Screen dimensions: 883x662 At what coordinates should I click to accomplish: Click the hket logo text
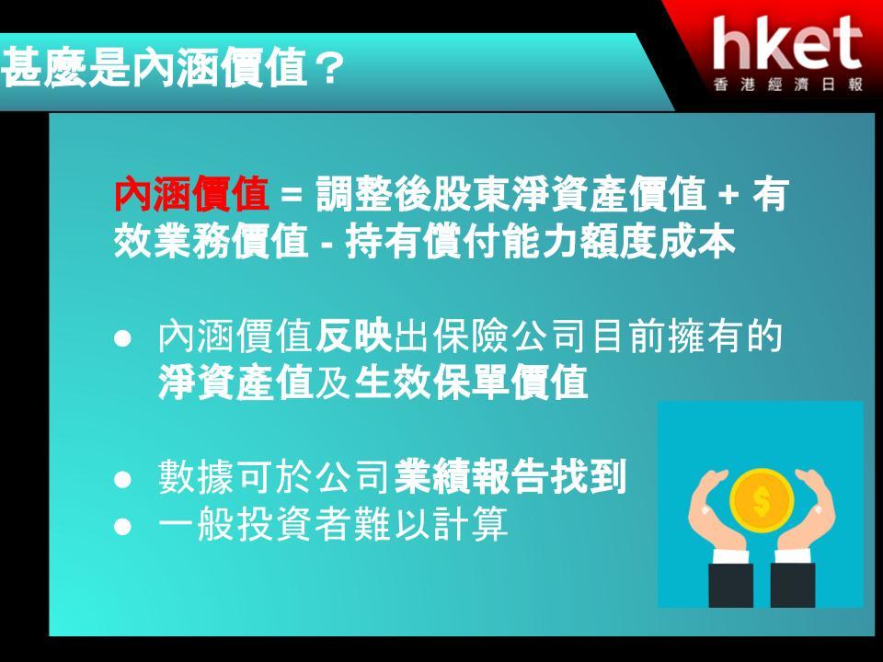point(787,43)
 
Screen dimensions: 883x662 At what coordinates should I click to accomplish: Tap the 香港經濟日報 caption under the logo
point(788,85)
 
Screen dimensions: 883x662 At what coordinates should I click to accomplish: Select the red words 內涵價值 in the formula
point(191,194)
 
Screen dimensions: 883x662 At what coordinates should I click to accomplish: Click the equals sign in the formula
point(292,195)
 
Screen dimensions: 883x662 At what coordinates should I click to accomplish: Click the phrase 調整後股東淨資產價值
point(511,194)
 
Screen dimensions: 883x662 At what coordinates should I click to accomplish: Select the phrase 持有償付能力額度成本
point(541,242)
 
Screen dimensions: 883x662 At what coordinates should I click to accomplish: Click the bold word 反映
point(353,337)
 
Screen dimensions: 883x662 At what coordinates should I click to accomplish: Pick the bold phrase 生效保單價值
point(471,382)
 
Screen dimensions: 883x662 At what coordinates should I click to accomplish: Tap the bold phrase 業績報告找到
point(510,477)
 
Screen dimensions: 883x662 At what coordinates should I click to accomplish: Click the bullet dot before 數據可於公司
point(122,479)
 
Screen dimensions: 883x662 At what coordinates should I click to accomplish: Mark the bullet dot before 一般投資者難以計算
point(122,526)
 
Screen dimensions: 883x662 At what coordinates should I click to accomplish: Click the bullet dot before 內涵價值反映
point(122,338)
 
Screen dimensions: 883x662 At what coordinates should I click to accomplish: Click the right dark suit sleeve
point(792,585)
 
